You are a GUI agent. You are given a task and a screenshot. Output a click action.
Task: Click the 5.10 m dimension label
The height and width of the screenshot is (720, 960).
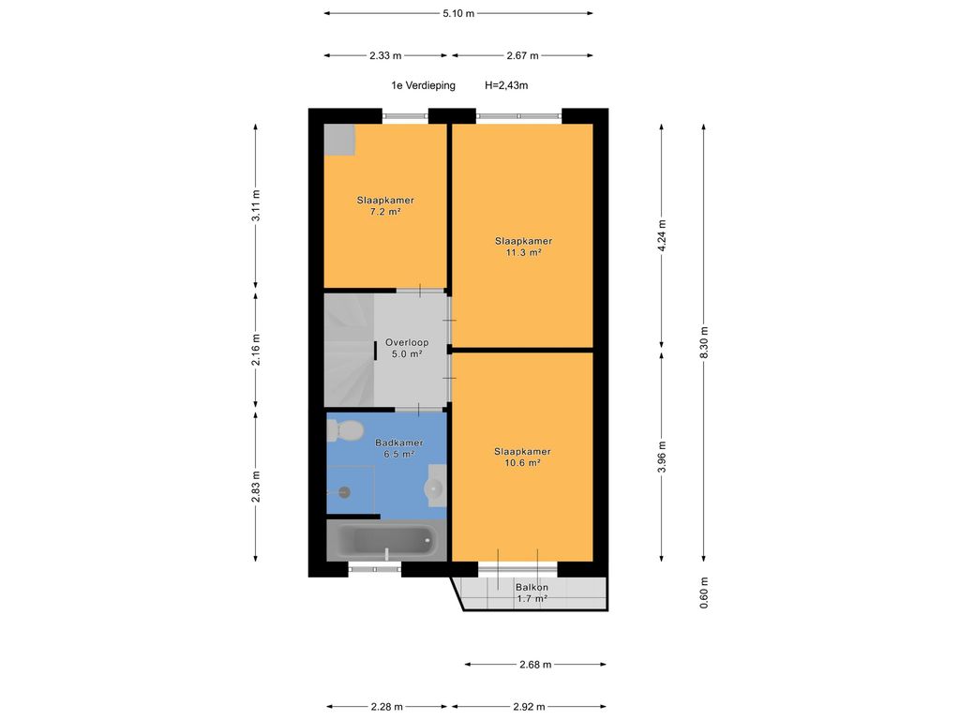(x=458, y=13)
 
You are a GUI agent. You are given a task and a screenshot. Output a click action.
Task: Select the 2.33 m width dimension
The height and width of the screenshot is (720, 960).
(x=385, y=55)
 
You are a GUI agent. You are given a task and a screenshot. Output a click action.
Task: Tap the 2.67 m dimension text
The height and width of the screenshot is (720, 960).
(x=522, y=55)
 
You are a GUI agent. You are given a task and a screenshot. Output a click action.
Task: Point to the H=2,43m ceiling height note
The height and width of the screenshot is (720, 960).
(x=506, y=85)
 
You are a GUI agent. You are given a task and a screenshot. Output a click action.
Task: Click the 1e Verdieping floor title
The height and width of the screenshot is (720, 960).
(x=423, y=85)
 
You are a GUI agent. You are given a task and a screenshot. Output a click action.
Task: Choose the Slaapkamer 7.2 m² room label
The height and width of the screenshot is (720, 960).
(x=385, y=205)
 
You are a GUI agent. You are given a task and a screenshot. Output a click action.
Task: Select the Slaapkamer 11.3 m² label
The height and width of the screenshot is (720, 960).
(x=523, y=247)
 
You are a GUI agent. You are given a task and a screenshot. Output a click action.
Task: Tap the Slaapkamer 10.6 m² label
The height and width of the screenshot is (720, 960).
(x=522, y=457)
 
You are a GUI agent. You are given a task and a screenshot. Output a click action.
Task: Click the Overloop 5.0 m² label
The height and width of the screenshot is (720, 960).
(x=407, y=349)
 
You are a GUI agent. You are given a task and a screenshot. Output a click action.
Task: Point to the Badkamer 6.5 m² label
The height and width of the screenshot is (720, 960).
(x=399, y=448)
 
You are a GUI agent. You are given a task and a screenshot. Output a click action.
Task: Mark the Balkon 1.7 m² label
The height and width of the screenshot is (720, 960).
(x=532, y=593)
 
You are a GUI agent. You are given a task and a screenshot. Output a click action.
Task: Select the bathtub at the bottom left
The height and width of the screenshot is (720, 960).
(x=386, y=540)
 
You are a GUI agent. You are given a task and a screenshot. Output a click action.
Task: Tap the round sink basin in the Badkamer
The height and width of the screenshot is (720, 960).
(x=433, y=487)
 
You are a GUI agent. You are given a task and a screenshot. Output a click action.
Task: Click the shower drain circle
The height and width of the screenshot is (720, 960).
(x=345, y=491)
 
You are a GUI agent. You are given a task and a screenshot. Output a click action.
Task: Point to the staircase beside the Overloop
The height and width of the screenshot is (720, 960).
(x=349, y=351)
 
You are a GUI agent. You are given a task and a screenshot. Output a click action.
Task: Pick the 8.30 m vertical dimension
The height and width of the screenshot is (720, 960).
(x=704, y=342)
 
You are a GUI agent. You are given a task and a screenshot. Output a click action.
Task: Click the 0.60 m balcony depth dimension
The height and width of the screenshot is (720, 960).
(x=704, y=592)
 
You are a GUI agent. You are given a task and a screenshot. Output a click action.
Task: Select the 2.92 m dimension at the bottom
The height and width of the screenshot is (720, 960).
(x=529, y=707)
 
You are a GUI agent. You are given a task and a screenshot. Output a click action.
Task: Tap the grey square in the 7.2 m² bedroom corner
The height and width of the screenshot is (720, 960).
(x=339, y=140)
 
